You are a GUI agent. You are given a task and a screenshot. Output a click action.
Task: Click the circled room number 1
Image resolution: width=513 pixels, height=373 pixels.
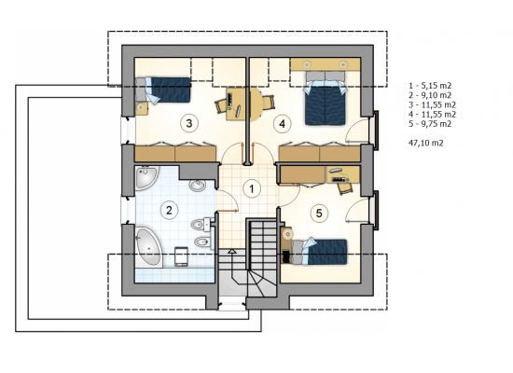(x=252, y=188)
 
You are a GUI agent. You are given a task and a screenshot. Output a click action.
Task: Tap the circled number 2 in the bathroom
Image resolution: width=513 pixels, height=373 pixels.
(x=169, y=210)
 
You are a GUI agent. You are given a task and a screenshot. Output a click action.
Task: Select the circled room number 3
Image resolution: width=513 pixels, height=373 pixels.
(x=188, y=123)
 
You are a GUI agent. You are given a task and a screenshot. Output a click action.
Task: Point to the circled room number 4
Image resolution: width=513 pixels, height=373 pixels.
(x=282, y=124)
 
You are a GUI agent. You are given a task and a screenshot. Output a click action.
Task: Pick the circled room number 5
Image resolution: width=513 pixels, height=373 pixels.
(x=319, y=214)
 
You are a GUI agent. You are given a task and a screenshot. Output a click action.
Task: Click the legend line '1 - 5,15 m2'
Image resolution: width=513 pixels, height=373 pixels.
(x=430, y=86)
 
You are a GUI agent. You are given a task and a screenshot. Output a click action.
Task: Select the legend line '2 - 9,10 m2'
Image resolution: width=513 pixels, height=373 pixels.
(x=430, y=95)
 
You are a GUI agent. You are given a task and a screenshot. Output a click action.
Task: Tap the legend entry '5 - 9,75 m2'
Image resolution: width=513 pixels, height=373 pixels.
(x=430, y=124)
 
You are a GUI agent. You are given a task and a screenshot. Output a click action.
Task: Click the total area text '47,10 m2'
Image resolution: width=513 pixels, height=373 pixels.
(x=426, y=143)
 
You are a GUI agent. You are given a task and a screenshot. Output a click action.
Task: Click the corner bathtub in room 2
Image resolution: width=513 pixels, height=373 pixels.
(x=149, y=247)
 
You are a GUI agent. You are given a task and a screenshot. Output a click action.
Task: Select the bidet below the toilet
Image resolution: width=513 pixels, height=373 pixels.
(x=201, y=242)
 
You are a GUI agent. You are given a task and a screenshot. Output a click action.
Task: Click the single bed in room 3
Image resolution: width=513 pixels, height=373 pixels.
(x=167, y=90)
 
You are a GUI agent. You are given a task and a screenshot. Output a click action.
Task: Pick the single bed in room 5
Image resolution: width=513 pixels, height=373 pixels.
(x=319, y=251)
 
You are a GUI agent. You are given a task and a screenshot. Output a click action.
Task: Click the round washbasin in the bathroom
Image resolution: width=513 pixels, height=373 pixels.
(x=198, y=186)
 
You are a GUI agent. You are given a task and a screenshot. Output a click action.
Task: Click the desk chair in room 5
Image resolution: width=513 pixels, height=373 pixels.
(x=345, y=188)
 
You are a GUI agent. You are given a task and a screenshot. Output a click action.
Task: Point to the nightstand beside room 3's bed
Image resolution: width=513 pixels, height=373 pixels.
(x=142, y=108)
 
